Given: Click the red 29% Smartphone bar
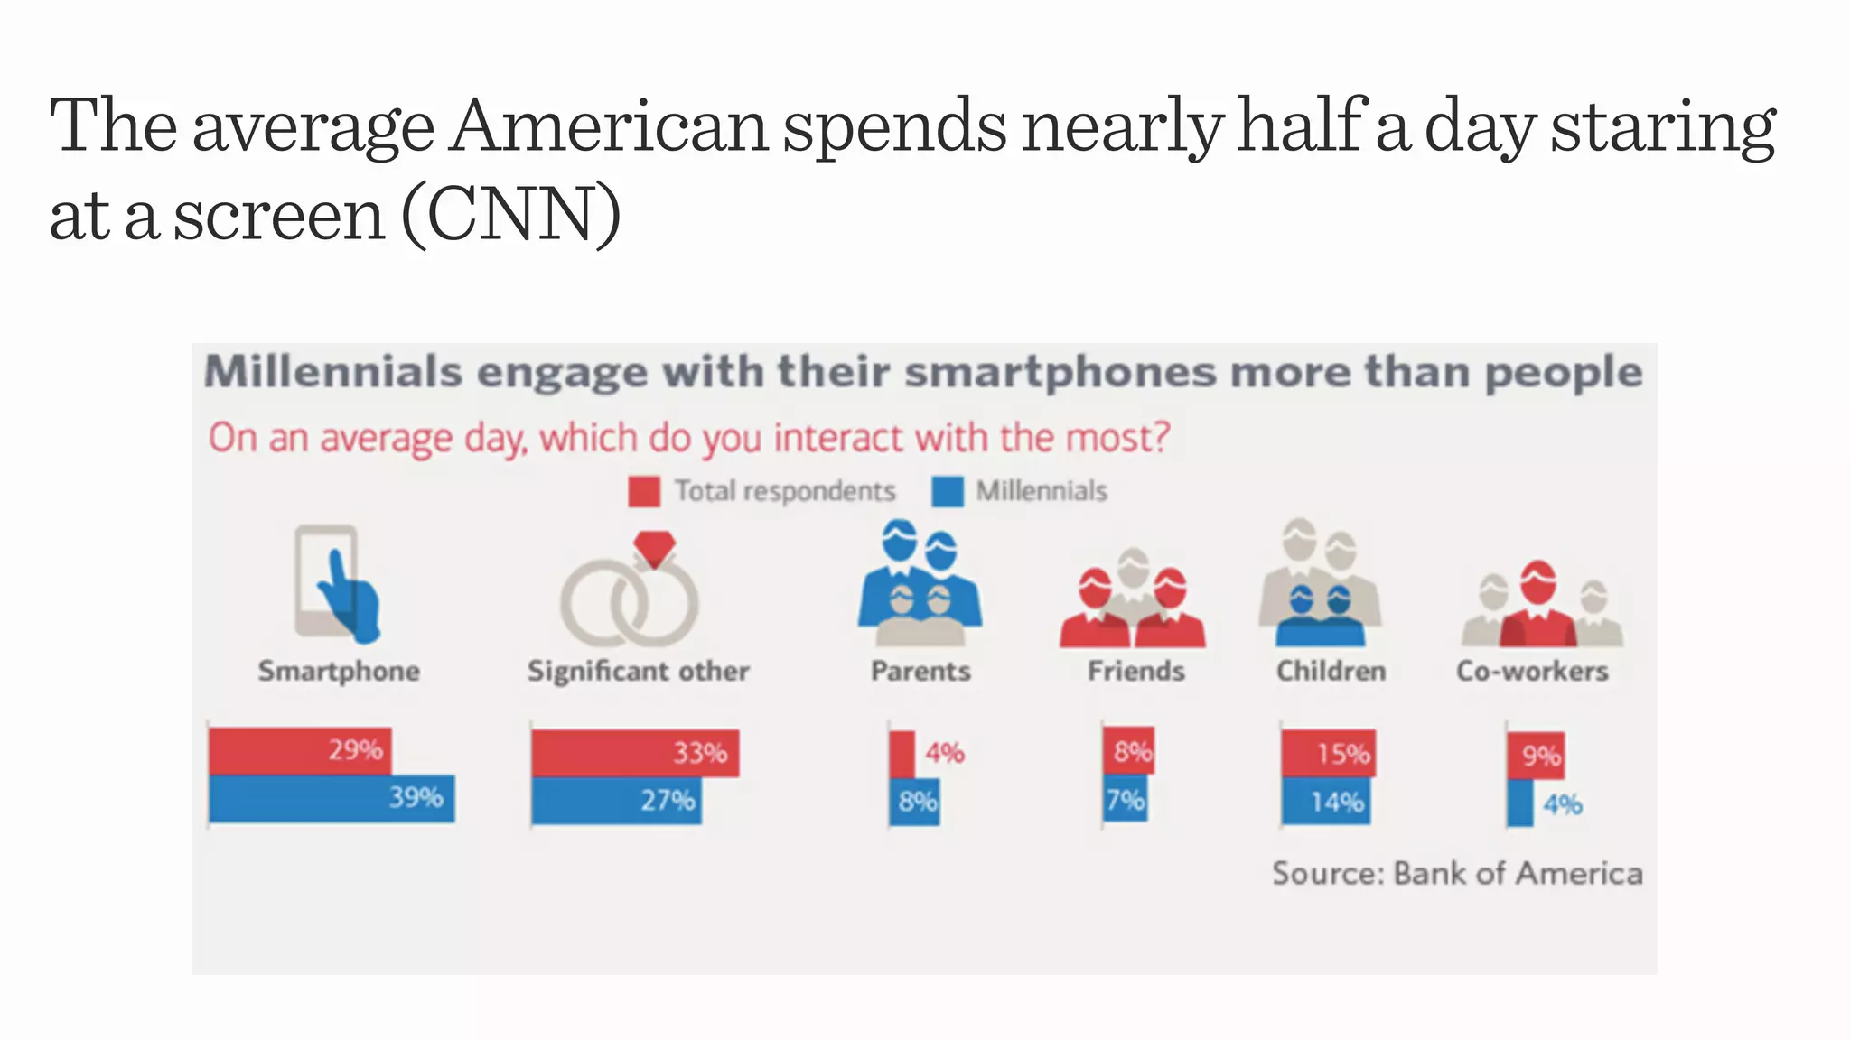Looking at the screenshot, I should point(299,751).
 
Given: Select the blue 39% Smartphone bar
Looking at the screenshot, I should point(332,798).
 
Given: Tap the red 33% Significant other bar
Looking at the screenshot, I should point(634,753).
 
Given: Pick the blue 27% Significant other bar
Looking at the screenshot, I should point(616,801).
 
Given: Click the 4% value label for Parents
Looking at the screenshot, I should point(944,752).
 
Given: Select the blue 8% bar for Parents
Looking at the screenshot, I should point(914,802).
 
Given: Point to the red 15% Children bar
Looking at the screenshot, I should point(1328,753).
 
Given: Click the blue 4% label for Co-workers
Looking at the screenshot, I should point(1563,804).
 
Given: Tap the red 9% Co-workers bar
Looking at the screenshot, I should point(1535,755).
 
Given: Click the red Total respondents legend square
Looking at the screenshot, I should point(644,491).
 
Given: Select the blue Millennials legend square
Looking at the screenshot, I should point(947,491).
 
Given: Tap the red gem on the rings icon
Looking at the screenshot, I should point(654,547).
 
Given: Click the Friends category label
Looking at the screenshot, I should point(1135,671).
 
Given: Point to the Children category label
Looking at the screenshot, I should point(1331,671).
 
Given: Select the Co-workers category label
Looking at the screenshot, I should point(1532,671).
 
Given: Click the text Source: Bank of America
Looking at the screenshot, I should point(1457,873).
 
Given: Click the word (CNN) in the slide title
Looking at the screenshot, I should point(511,214).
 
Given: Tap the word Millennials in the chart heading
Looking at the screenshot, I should point(333,371).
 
